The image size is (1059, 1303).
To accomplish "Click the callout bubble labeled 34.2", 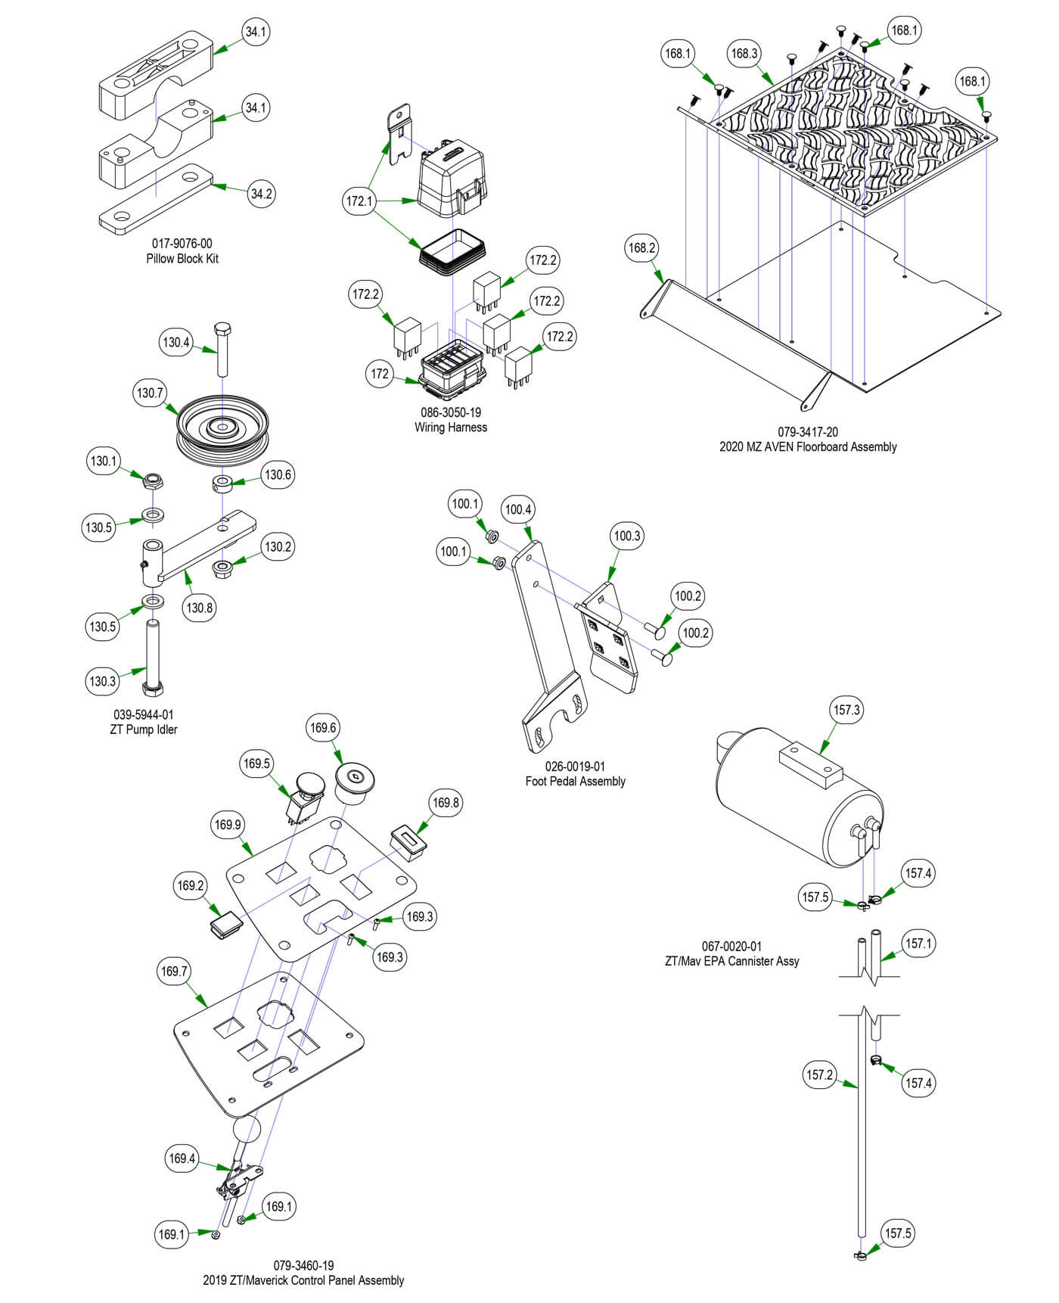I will [261, 194].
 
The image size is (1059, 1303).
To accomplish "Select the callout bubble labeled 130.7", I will [150, 393].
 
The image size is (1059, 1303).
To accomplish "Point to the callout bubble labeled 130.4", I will [176, 343].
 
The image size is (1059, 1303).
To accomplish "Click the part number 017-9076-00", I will [182, 244].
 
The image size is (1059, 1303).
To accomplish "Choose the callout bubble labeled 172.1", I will [359, 201].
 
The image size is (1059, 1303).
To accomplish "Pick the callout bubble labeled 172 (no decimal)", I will [380, 373].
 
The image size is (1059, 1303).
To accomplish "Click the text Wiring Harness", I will [451, 428].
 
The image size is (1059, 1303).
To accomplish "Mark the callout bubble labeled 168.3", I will [744, 53].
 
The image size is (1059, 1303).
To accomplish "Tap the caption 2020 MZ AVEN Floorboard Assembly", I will [808, 446].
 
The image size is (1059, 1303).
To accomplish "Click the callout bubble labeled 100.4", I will [518, 509].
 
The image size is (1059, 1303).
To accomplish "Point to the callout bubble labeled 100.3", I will [627, 536].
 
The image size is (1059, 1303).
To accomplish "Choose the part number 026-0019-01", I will [575, 767].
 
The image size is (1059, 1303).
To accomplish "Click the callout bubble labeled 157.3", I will [846, 710].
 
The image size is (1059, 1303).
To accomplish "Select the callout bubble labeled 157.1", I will [918, 944].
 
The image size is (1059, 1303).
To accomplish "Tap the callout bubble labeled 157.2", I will [819, 1074].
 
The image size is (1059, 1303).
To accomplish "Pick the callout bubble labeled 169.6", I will [323, 728].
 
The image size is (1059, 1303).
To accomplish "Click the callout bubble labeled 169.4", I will [182, 1158].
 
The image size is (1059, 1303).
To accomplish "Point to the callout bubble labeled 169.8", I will [446, 802].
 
